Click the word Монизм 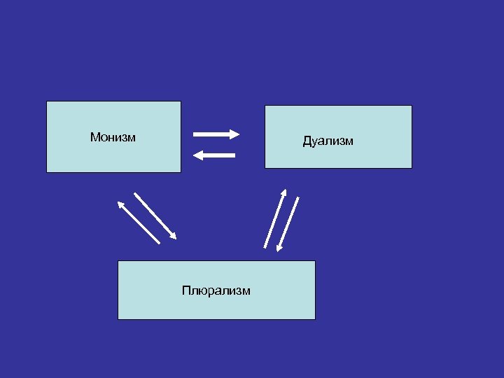(x=113, y=137)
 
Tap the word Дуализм (x=328, y=141)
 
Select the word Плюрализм (x=216, y=290)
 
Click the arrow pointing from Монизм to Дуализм (x=216, y=134)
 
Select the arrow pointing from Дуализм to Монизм (x=214, y=155)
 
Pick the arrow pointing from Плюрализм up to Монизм (x=138, y=222)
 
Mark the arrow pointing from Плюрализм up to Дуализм (x=275, y=218)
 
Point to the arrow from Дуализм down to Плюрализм (x=288, y=223)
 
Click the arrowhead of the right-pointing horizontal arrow (x=236, y=134)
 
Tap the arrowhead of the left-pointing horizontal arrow (x=197, y=155)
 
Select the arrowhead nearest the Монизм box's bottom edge (x=120, y=204)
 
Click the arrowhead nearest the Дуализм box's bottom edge (x=284, y=192)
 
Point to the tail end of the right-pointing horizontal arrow (x=195, y=134)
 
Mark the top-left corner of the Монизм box (x=47, y=101)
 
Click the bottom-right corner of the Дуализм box (x=412, y=168)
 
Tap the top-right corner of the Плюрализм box (x=315, y=261)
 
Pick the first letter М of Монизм (x=94, y=137)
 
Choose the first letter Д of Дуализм (x=307, y=141)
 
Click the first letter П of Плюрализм (x=185, y=290)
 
